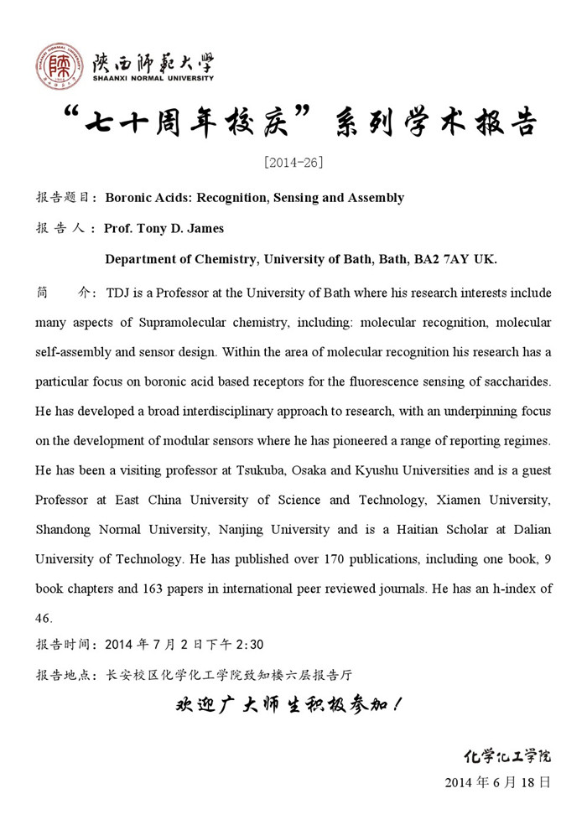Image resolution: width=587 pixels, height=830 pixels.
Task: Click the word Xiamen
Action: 457,500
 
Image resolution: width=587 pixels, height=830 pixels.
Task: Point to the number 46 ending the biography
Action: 44,619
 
